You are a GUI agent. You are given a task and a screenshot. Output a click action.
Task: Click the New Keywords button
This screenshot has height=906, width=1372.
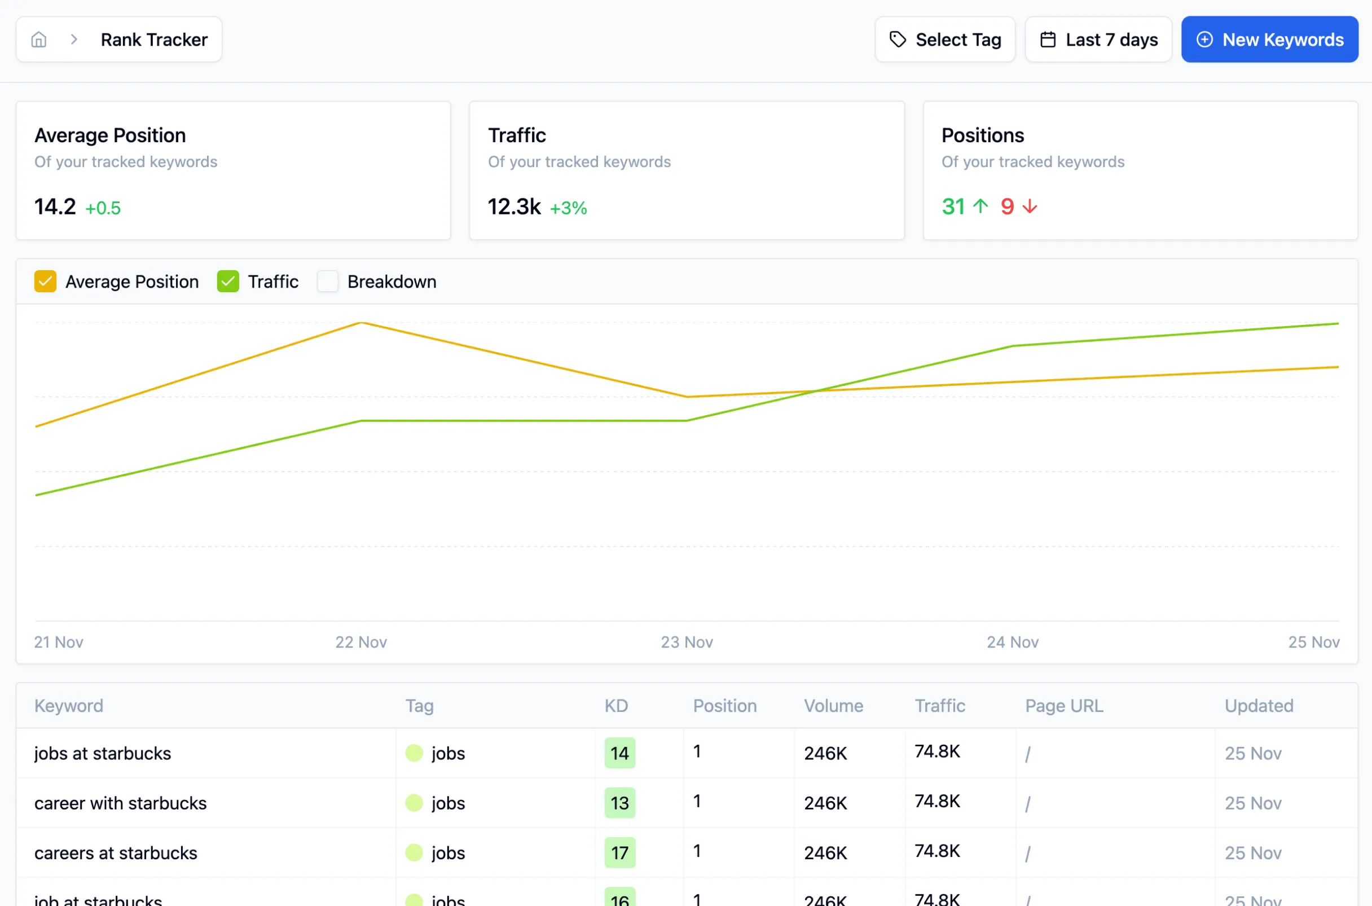[1269, 39]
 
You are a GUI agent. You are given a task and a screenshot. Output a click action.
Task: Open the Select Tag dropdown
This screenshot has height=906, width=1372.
[944, 39]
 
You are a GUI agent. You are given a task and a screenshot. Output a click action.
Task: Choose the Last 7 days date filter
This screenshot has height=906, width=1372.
[1098, 39]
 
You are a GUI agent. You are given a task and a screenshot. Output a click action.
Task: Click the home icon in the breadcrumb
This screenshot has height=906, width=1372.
[39, 39]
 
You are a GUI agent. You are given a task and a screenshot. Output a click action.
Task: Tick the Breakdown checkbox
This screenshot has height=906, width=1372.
[328, 282]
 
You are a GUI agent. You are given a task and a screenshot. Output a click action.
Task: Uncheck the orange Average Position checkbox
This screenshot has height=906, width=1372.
[45, 282]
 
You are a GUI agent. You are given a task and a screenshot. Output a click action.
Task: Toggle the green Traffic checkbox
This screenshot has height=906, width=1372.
[227, 282]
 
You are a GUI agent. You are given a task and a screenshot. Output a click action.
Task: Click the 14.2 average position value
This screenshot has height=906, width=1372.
[55, 207]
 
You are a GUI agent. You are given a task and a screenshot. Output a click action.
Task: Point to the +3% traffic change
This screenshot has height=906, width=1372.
[568, 208]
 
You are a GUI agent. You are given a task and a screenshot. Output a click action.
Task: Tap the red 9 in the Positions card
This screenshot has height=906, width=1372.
[1007, 207]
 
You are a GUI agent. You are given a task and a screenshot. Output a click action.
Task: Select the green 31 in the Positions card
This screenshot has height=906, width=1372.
[953, 207]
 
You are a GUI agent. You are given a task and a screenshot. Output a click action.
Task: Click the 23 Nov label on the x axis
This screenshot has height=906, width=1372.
[687, 642]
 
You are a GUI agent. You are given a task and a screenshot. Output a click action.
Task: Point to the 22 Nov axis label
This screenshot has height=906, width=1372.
[361, 642]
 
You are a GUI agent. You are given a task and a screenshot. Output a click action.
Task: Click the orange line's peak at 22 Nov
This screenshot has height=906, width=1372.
[361, 323]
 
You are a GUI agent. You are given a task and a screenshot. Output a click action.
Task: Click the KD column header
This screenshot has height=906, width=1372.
[616, 706]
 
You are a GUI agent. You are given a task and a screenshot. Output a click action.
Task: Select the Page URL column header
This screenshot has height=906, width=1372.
[1064, 706]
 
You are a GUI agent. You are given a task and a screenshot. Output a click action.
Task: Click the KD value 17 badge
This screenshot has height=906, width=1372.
[619, 853]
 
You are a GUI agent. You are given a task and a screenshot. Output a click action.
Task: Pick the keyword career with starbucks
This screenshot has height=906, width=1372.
[120, 803]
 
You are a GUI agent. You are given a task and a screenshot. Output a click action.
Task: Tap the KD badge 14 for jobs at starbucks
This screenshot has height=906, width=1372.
[619, 753]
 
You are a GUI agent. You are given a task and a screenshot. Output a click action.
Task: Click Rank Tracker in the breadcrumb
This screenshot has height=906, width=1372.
[153, 39]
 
